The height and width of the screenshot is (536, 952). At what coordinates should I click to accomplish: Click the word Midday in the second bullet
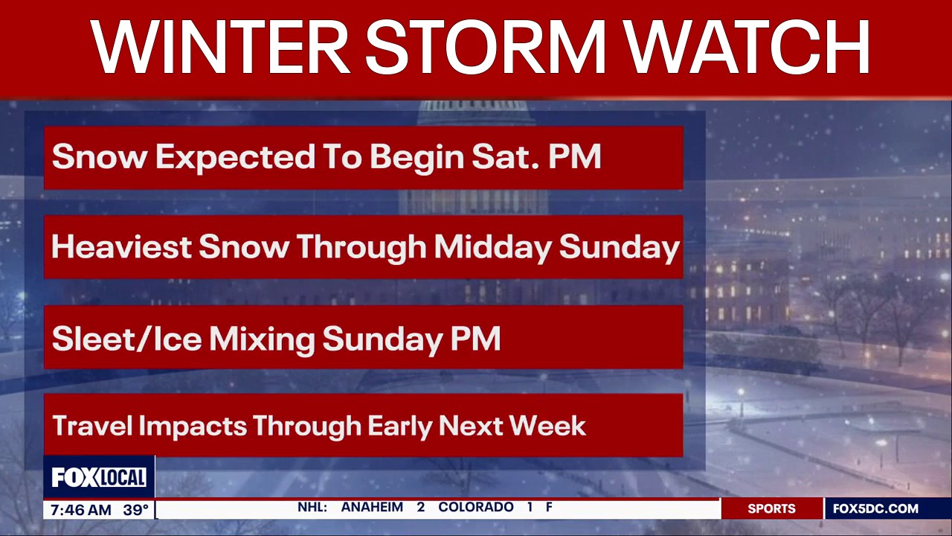[492, 247]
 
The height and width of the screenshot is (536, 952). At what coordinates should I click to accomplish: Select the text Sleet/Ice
[126, 339]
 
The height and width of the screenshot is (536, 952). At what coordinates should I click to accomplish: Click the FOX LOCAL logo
[99, 477]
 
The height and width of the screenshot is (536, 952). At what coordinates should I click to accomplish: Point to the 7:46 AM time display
[81, 510]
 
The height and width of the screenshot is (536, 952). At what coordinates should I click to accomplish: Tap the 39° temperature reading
[136, 510]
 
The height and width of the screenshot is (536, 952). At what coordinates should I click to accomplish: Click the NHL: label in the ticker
[312, 508]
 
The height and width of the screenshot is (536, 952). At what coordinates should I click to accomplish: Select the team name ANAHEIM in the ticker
[372, 508]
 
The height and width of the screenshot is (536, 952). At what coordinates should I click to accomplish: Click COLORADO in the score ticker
[476, 508]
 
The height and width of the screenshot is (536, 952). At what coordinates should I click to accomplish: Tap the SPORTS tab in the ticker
[771, 509]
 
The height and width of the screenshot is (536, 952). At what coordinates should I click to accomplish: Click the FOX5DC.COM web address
[875, 509]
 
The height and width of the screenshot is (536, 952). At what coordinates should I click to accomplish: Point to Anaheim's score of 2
[421, 508]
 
